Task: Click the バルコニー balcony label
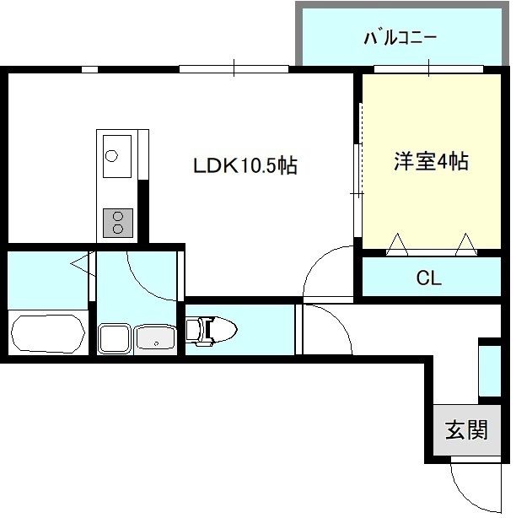[x=400, y=38]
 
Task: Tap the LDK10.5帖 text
[x=245, y=165]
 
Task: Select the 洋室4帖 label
[x=431, y=161]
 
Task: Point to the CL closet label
[x=428, y=278]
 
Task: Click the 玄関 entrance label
[x=466, y=429]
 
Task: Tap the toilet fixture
[x=212, y=331]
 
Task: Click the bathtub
[x=48, y=333]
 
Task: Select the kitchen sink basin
[x=117, y=156]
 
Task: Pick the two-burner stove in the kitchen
[x=118, y=223]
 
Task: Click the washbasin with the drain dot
[x=156, y=340]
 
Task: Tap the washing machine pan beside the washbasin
[x=114, y=339]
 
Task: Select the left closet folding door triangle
[x=397, y=244]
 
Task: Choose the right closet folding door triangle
[x=466, y=244]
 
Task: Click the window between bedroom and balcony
[x=428, y=69]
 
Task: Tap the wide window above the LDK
[x=234, y=69]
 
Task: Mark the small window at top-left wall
[x=90, y=69]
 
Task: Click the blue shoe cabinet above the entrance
[x=490, y=370]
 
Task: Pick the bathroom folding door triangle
[x=83, y=263]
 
